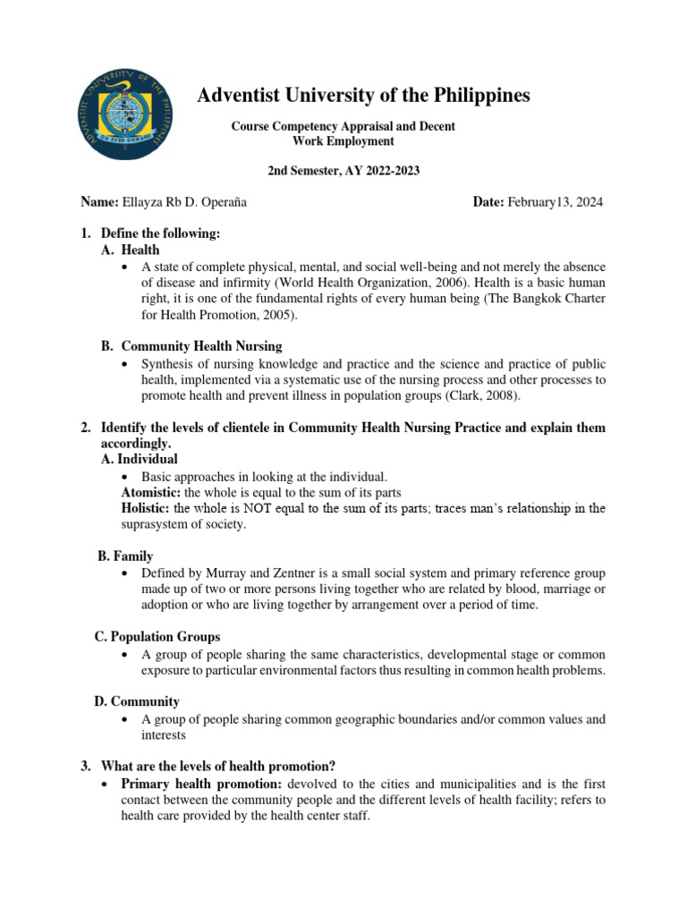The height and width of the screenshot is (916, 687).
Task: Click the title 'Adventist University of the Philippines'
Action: [363, 96]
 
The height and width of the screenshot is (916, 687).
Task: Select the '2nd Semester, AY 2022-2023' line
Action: [343, 170]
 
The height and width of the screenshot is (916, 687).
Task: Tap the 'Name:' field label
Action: [99, 202]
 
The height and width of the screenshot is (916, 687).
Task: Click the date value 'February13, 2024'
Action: [555, 202]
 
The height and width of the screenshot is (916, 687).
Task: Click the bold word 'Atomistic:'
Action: [148, 493]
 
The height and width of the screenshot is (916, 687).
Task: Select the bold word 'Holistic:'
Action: [145, 508]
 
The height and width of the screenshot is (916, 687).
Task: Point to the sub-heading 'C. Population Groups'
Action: [157, 637]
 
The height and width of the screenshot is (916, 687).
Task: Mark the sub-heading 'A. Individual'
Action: [139, 459]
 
